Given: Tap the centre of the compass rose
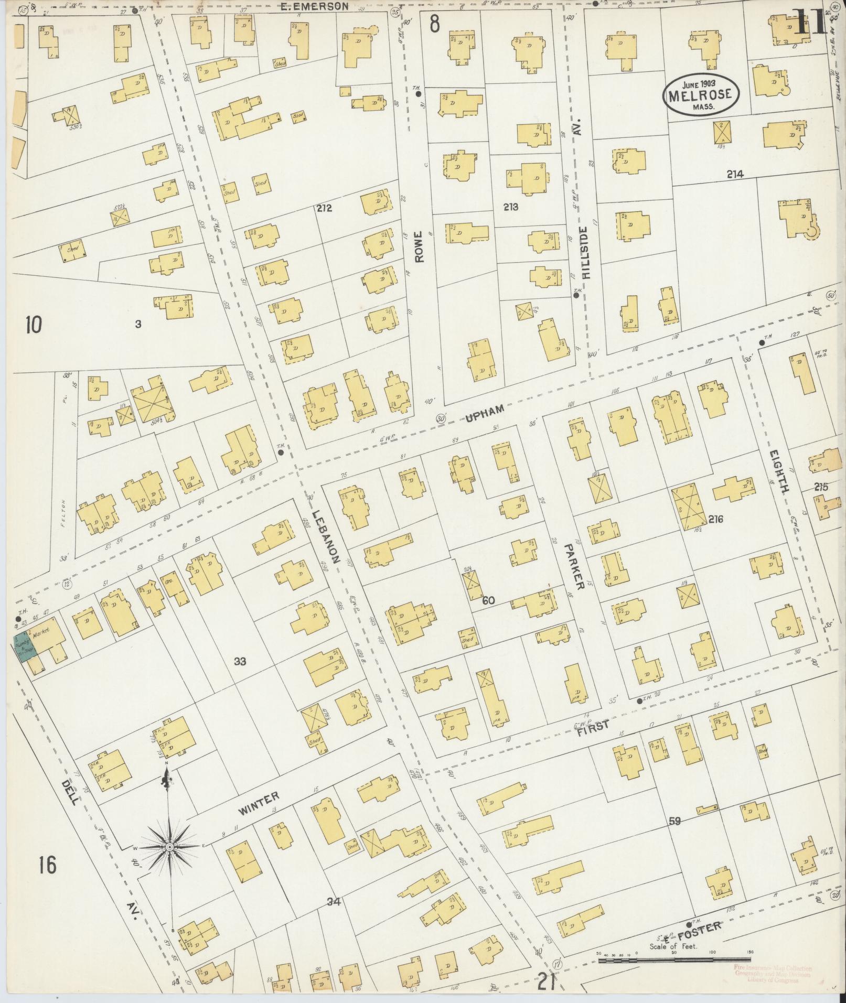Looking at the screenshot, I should coord(170,847).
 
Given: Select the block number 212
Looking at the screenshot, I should coord(324,208).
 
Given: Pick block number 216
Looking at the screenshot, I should coord(715,520).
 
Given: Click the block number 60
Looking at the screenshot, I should coord(488,600).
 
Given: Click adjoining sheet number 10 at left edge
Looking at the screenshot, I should coord(33,325).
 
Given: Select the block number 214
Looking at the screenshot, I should coord(735,175).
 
